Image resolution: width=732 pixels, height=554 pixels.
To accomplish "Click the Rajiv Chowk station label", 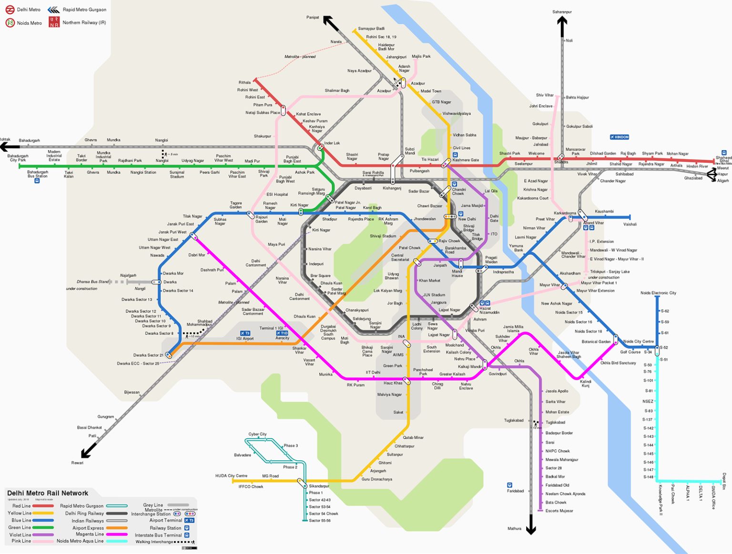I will [449, 241].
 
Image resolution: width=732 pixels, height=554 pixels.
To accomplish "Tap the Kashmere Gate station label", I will [466, 160].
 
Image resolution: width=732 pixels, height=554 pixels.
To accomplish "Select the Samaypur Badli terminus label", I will [371, 29].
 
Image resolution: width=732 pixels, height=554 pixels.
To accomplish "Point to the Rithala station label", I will [244, 82].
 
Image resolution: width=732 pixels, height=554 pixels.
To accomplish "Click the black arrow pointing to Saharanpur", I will [562, 26].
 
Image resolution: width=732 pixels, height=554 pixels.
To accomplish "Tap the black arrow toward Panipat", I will [331, 23].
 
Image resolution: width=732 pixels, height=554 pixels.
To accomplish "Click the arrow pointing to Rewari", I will [89, 450].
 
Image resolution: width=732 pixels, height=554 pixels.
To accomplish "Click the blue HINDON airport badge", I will [620, 137].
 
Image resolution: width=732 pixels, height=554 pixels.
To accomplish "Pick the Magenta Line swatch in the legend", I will [117, 534].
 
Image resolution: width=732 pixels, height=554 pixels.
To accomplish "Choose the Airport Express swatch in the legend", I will [117, 528].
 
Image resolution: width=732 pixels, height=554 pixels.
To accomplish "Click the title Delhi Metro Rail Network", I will [48, 493].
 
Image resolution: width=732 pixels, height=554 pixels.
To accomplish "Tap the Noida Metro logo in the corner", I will [10, 23].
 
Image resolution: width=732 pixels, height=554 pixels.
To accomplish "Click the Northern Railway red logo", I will [54, 22].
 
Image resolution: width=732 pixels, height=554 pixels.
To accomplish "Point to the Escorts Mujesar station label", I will [559, 511].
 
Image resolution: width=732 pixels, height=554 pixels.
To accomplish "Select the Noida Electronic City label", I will [658, 293].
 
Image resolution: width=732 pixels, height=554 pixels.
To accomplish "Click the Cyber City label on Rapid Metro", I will [257, 434].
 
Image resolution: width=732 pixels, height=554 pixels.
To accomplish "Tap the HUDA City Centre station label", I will [231, 475].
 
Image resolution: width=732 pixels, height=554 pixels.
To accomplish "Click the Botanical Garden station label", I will [596, 342].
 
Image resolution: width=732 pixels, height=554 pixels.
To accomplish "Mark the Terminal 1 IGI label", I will [271, 328].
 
